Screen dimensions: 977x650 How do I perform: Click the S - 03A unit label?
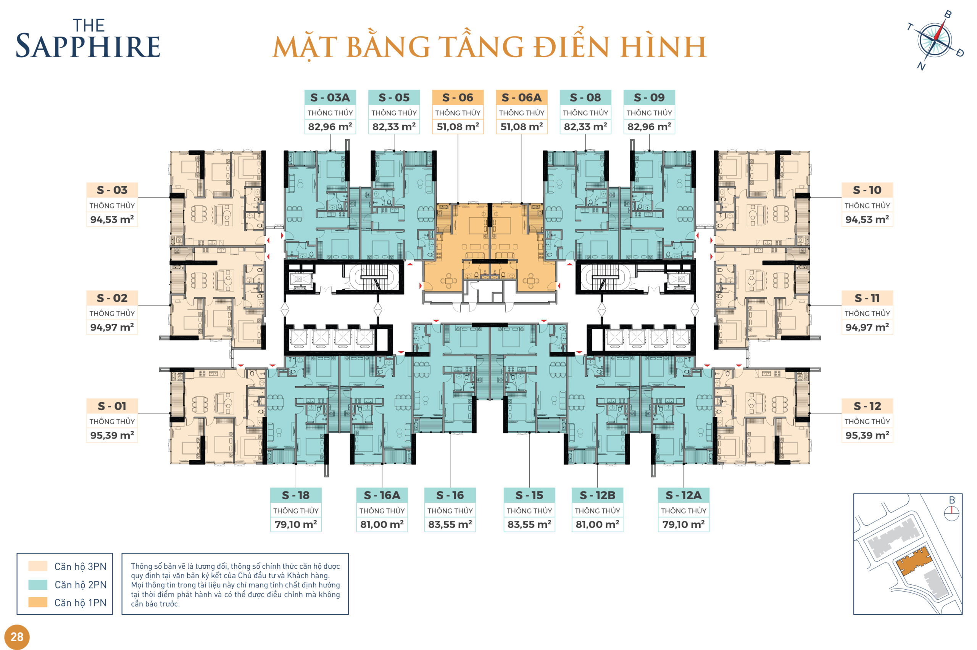[330, 97]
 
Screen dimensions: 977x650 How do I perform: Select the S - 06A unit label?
[521, 97]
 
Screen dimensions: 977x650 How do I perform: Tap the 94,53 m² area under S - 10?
[867, 219]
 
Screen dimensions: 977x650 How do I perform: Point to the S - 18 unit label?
[295, 495]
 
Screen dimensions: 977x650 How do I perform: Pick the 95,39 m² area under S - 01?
[112, 435]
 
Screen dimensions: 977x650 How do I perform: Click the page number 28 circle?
[17, 637]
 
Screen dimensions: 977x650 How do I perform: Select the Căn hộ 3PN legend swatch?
[38, 566]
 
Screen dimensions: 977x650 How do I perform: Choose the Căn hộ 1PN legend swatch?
[38, 602]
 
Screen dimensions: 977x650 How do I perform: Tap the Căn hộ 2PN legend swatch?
[38, 584]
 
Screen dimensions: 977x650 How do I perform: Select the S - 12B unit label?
[597, 495]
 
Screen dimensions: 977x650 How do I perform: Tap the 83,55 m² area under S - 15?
[529, 524]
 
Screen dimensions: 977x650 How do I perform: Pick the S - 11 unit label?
[867, 298]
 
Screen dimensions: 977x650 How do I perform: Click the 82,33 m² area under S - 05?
[394, 126]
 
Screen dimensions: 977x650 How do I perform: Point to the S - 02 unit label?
[112, 298]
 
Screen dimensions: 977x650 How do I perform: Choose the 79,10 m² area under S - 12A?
[683, 524]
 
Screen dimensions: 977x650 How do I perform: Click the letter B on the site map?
[952, 500]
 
